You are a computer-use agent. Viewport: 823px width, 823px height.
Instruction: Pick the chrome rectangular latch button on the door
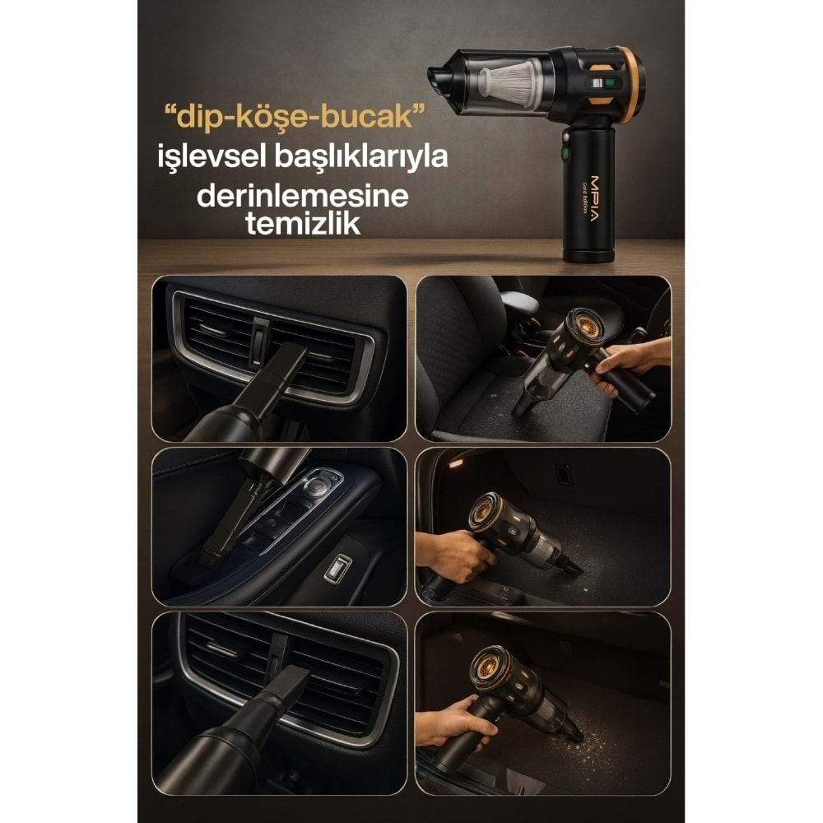point(337,568)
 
